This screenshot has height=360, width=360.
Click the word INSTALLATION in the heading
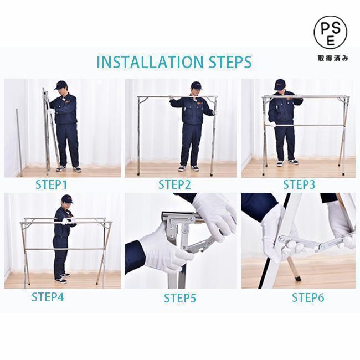pyautogui.click(x=150, y=62)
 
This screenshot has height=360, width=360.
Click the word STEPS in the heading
pyautogui.click(x=230, y=62)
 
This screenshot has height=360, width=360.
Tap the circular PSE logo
pyautogui.click(x=331, y=32)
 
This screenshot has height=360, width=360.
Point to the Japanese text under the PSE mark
pyautogui.click(x=333, y=58)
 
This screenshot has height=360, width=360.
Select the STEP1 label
pyautogui.click(x=51, y=185)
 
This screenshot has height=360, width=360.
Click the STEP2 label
pyautogui.click(x=174, y=185)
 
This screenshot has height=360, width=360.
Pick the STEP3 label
pyautogui.click(x=299, y=184)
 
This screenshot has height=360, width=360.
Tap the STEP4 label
pyautogui.click(x=48, y=297)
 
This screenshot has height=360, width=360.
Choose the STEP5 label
pyautogui.click(x=180, y=298)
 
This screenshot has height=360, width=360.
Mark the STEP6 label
pyautogui.click(x=308, y=297)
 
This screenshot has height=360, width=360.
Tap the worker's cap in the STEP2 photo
pyautogui.click(x=196, y=85)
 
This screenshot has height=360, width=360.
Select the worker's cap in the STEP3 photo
pyautogui.click(x=280, y=84)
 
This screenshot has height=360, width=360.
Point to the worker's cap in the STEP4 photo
pyautogui.click(x=67, y=199)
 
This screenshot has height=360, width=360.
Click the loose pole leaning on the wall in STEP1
pyautogui.click(x=19, y=142)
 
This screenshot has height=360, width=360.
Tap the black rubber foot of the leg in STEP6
pyautogui.click(x=298, y=279)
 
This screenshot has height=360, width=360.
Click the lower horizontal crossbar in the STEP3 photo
pyautogui.click(x=305, y=125)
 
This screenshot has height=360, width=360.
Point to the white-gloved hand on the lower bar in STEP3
pyautogui.click(x=272, y=125)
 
